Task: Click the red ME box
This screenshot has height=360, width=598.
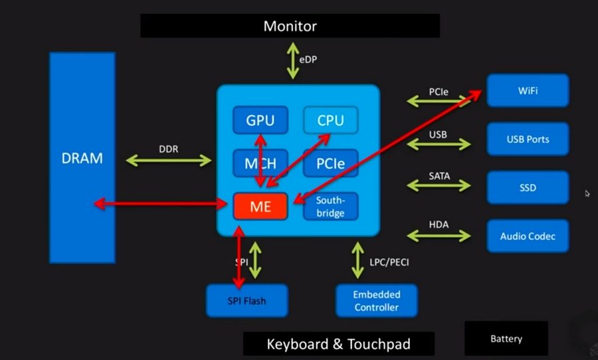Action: pyautogui.click(x=260, y=207)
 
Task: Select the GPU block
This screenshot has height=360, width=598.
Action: pyautogui.click(x=260, y=120)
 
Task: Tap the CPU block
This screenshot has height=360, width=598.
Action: pyautogui.click(x=330, y=120)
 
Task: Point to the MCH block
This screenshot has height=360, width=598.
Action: pyautogui.click(x=260, y=163)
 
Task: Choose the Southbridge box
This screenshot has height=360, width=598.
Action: pyautogui.click(x=330, y=207)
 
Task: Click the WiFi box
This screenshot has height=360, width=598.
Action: pyautogui.click(x=528, y=90)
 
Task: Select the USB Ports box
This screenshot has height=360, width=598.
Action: pyautogui.click(x=528, y=139)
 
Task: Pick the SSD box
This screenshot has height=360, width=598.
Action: pyautogui.click(x=528, y=188)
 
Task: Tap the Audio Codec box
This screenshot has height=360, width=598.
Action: pyautogui.click(x=528, y=236)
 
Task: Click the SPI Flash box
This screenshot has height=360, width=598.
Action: pyautogui.click(x=246, y=301)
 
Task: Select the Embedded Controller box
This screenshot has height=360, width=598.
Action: pyautogui.click(x=376, y=301)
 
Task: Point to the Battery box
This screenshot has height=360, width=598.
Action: pyautogui.click(x=506, y=339)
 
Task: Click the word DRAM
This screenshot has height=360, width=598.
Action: pyautogui.click(x=82, y=159)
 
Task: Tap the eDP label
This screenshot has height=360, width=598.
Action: pyautogui.click(x=308, y=59)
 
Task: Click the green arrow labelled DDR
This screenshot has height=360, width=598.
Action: pyautogui.click(x=169, y=160)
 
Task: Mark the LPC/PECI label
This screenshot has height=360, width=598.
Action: pyautogui.click(x=389, y=262)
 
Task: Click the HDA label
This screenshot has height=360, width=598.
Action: pyautogui.click(x=439, y=225)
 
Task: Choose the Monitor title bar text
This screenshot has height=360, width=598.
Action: pyautogui.click(x=290, y=27)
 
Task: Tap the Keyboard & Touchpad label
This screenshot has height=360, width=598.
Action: pyautogui.click(x=338, y=344)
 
